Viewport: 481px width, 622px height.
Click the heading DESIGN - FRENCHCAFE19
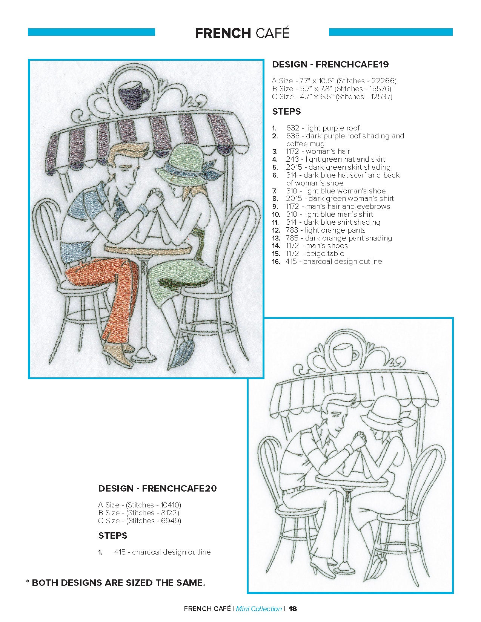[330, 64]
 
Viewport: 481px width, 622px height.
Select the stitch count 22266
[384, 81]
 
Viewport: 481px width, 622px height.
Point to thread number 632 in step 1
[292, 128]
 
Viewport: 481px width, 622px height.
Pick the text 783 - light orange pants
[326, 230]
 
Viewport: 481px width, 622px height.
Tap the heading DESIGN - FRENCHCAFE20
[158, 488]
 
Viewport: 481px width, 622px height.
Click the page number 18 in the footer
[293, 608]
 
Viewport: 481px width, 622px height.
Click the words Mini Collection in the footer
[259, 608]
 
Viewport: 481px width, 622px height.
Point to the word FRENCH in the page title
[223, 33]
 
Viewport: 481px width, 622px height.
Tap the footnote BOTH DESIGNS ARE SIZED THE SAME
[118, 582]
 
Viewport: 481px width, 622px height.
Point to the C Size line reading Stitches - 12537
[332, 97]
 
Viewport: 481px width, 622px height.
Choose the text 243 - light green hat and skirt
[335, 159]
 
